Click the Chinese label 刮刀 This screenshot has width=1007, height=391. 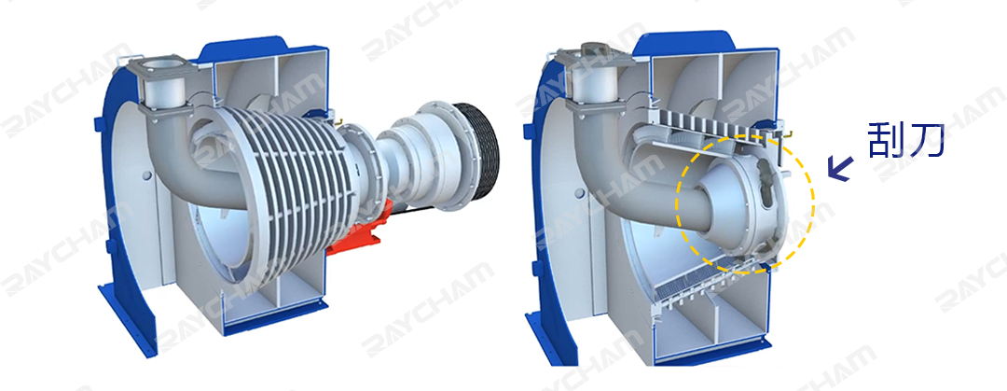pos(906,140)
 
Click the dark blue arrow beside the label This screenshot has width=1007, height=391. pos(839,169)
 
